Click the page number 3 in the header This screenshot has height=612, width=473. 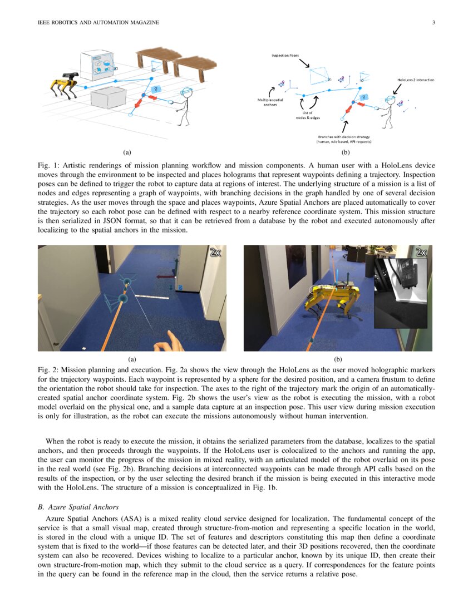pos(433,22)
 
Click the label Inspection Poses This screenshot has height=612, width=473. pos(284,56)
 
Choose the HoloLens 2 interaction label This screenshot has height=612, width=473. pos(416,80)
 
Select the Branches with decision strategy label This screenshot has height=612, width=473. pos(344,139)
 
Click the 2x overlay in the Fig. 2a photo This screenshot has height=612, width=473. pos(215,252)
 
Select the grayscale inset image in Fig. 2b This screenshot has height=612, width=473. pos(402,293)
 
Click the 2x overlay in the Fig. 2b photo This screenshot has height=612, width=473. pos(421,252)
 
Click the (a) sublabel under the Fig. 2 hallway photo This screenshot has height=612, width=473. pos(132,359)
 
